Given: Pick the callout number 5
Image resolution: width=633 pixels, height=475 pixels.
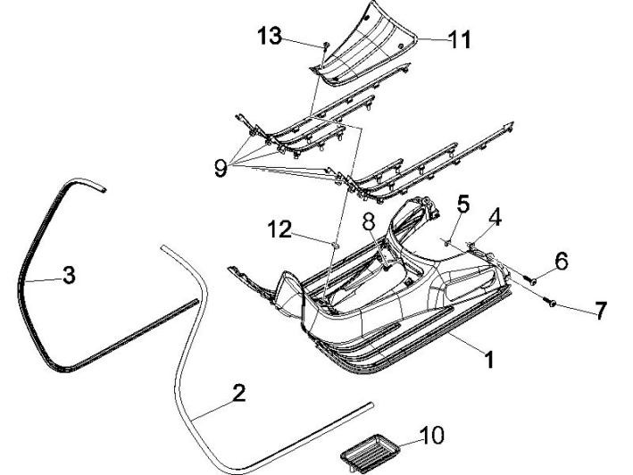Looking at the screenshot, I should click(x=462, y=204).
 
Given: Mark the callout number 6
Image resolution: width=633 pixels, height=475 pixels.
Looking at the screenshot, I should click(x=562, y=261).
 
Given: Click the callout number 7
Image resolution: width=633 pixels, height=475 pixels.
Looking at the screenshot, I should click(x=600, y=311).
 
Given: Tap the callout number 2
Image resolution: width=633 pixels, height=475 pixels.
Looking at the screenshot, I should click(x=237, y=394).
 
